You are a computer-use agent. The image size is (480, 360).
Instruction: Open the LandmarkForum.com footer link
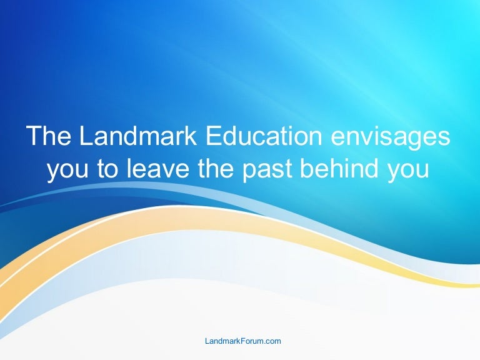(x=243, y=341)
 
